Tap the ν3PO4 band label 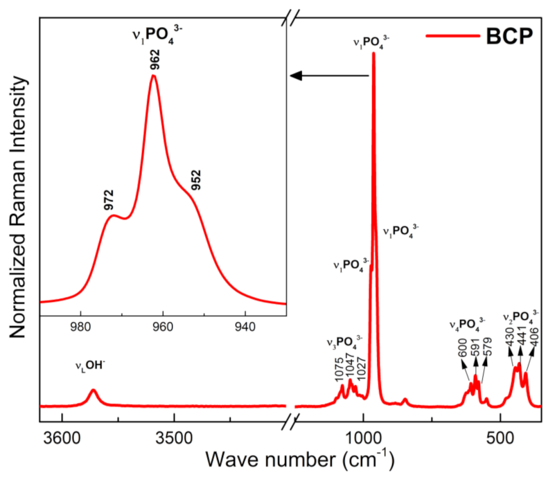pyautogui.click(x=344, y=342)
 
